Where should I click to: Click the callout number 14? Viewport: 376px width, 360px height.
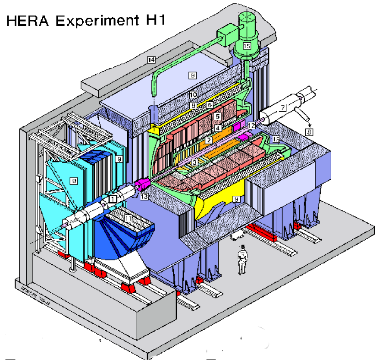tap(151, 60)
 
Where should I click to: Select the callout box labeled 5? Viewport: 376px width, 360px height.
tap(218, 116)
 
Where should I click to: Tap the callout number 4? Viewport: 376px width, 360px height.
tap(218, 128)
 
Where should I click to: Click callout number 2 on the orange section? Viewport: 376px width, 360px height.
tap(208, 140)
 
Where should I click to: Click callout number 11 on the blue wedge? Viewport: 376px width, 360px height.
tap(128, 219)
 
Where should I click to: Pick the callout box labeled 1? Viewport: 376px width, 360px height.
tap(113, 199)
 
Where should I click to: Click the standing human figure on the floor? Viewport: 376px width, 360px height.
tap(242, 259)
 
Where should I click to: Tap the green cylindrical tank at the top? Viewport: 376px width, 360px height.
tap(247, 22)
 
